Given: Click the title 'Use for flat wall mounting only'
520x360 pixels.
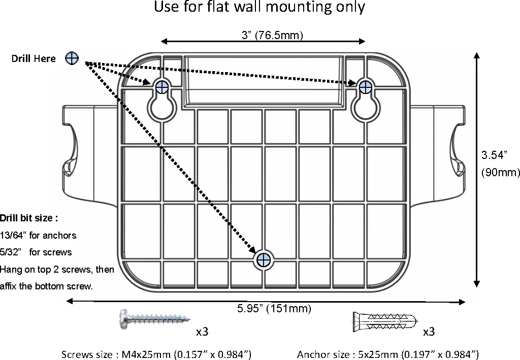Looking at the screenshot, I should point(259,8).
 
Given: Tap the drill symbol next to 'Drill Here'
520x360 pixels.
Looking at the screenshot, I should point(72,58).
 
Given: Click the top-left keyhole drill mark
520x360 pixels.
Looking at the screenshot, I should point(162,87).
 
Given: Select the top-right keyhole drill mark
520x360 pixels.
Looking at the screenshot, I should point(365,87).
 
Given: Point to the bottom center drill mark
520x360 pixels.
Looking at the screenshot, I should point(263,260).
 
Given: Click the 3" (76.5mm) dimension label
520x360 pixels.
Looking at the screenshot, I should point(272,35).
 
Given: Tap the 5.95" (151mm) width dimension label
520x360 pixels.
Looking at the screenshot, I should point(274,308).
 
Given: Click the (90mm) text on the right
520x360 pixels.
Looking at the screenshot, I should point(500,173).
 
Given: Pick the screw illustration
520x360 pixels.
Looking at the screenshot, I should point(155,319).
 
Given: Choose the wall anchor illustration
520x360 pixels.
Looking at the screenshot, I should point(383,321).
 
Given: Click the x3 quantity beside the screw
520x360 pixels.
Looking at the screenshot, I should point(202,332).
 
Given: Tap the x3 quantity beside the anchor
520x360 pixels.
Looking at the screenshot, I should point(429,332).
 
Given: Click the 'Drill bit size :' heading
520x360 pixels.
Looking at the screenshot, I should point(29,218).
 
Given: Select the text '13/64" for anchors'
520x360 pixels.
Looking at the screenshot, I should point(38,235).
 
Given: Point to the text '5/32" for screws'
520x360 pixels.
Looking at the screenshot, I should point(36,252).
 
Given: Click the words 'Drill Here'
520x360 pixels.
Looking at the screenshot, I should point(34,59).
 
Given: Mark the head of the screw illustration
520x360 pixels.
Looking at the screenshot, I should point(123,319).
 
